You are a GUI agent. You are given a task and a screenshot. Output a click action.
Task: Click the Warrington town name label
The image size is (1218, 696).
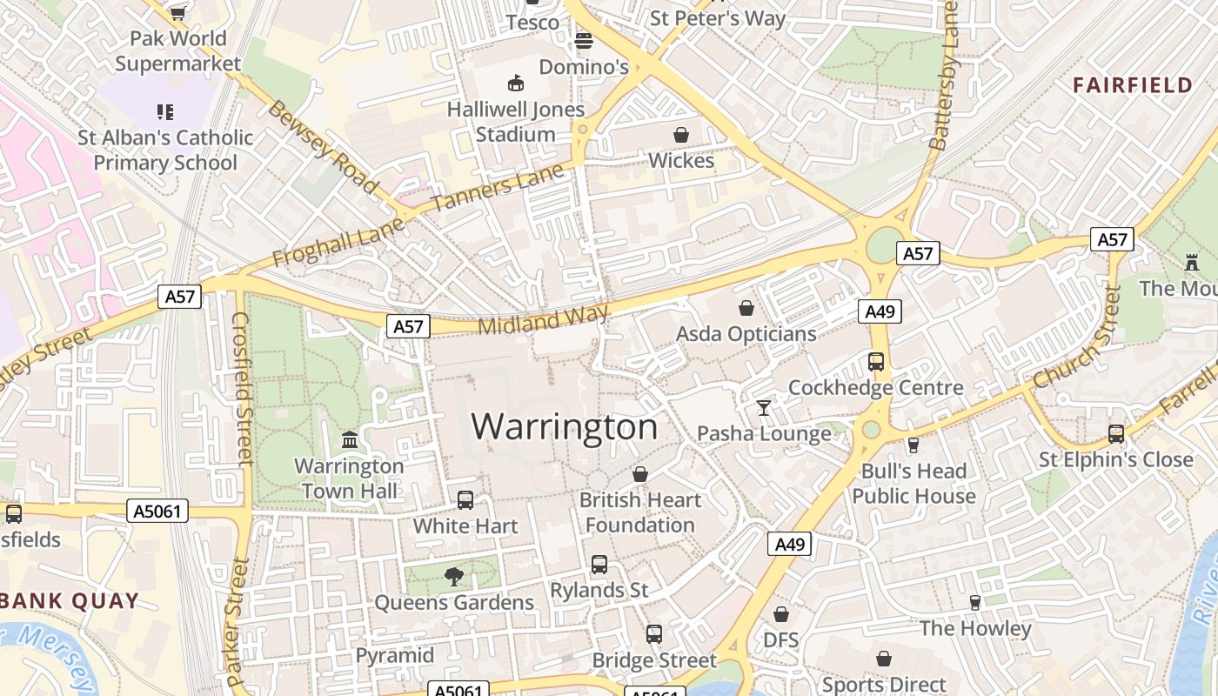coord(565,426)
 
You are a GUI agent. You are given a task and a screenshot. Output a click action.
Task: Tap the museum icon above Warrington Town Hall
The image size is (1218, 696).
coord(350,439)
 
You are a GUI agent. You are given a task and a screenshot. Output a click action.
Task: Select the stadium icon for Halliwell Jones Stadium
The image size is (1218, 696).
coord(516,84)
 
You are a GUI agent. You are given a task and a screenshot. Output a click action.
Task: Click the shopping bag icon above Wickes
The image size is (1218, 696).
coord(681,135)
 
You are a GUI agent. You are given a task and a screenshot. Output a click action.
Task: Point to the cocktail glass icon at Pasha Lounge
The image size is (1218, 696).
coord(764,407)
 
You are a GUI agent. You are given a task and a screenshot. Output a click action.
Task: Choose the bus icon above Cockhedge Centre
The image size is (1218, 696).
coord(876,362)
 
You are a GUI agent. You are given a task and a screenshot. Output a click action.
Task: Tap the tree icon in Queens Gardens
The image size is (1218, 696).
coord(453,576)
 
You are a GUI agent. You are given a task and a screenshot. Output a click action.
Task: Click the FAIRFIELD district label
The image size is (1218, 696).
coord(1132,84)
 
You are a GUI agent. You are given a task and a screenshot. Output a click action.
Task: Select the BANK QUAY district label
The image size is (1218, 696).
coord(70,600)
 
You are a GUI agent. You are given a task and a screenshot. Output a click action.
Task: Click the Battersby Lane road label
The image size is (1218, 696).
coord(943,77)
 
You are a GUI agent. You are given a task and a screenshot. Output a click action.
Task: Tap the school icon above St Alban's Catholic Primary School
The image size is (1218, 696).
coord(165,111)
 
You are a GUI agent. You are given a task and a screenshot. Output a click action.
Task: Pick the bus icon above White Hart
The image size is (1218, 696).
coord(465,500)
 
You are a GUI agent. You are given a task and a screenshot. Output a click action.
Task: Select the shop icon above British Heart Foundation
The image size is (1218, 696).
coord(640,474)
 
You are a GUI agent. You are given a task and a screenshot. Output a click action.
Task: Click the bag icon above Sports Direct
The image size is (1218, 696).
coord(884,659)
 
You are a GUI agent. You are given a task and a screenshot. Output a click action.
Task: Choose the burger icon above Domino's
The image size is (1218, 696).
coord(583,41)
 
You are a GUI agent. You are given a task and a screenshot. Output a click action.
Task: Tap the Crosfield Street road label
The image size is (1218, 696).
coord(241,387)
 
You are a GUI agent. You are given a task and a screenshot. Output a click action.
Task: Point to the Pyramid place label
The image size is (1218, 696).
coord(394,655)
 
